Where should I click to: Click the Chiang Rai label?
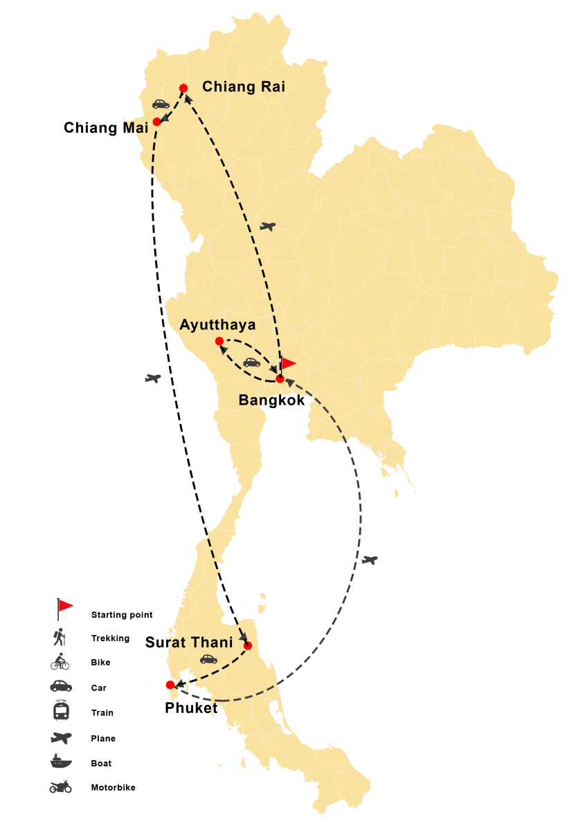pos(243,87)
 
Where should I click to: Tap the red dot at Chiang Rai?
pos(183,88)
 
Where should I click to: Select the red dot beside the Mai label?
pos(156,122)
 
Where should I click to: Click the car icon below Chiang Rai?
pos(161,104)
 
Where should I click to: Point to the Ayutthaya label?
pos(217,324)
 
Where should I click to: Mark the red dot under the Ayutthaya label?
pos(219,341)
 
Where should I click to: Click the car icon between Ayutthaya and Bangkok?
pos(251,362)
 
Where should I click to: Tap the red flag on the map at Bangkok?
pos(287,363)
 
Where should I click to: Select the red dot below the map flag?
pos(280,379)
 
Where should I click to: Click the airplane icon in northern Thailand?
pos(267,226)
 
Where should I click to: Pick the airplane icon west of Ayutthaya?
pos(153,378)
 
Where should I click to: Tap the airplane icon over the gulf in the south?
pos(370,560)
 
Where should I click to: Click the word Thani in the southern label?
pos(211,643)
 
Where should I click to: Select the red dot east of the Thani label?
pos(248,646)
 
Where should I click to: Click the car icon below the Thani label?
pos(208,659)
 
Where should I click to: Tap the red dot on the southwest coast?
pos(170,685)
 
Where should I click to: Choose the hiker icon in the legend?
pos(60,636)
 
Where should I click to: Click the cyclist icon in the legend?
pos(60,662)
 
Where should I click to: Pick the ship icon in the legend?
pos(61,762)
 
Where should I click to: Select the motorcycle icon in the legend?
pos(60,786)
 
